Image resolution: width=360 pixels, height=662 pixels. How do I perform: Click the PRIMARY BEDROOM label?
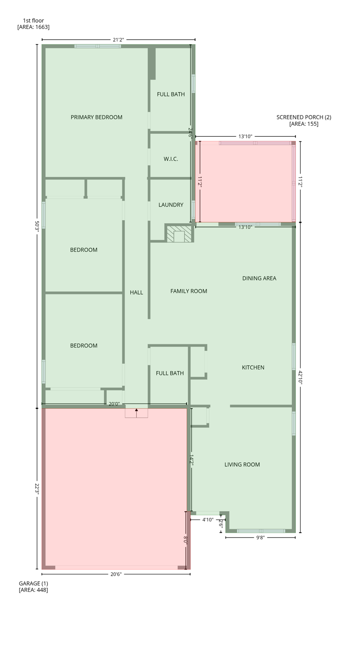(x=97, y=117)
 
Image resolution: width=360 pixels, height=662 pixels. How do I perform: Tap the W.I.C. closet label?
(x=171, y=159)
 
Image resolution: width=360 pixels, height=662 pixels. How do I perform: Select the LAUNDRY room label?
(x=171, y=205)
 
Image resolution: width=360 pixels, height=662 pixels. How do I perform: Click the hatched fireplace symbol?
(x=179, y=234)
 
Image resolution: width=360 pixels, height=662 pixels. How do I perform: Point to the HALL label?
(x=136, y=293)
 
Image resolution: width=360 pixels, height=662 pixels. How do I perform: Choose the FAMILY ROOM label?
(x=188, y=291)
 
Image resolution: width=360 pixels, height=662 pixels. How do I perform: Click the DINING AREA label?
(x=259, y=278)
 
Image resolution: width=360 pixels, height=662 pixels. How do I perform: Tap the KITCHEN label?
(x=253, y=368)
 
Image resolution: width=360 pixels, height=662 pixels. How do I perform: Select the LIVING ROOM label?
(x=242, y=465)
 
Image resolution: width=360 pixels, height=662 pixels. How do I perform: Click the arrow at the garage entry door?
(x=136, y=413)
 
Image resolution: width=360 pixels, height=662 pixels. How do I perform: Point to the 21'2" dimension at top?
(x=118, y=40)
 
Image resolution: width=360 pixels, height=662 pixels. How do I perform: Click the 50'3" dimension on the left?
(x=37, y=227)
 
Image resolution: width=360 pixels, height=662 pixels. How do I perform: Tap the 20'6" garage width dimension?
(x=116, y=574)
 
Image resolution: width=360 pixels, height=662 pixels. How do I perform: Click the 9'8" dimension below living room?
(x=260, y=537)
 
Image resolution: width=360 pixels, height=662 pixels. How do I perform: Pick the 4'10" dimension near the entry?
(x=208, y=520)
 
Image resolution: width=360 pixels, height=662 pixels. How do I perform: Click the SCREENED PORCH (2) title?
(x=304, y=117)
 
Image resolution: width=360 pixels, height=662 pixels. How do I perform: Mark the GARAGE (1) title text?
(x=33, y=584)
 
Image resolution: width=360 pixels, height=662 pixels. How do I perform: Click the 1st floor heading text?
(x=33, y=21)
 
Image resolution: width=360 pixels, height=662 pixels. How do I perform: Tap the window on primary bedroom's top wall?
(x=97, y=46)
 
